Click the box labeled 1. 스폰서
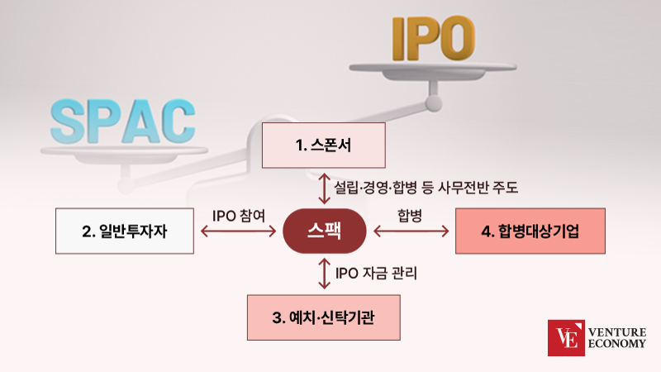(324, 145)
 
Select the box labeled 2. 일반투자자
(125, 231)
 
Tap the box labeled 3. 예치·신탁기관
(324, 317)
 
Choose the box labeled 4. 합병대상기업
(530, 231)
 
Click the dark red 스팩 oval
(324, 231)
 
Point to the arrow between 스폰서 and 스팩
(324, 188)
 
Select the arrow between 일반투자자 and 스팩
(238, 231)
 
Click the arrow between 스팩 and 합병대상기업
(411, 231)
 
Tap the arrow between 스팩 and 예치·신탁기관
(324, 274)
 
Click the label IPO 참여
(239, 216)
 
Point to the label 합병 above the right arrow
(410, 216)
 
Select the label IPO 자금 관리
(376, 273)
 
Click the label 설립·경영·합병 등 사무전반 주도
(426, 188)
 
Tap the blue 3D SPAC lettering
(122, 122)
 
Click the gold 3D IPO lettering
(434, 38)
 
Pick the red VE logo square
(566, 338)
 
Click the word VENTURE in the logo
(617, 332)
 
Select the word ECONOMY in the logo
(617, 343)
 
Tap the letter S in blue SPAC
(68, 122)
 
